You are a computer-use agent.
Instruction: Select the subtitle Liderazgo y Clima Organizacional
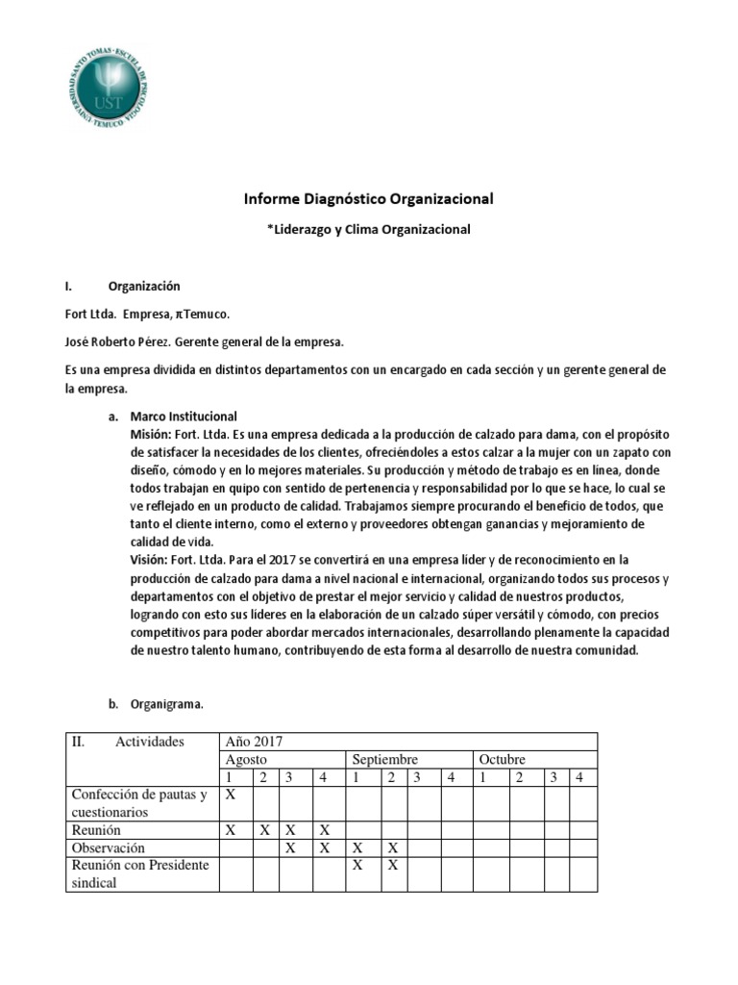click(x=368, y=230)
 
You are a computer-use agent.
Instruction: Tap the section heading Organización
click(x=144, y=286)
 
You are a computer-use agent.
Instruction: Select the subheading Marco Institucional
click(x=184, y=417)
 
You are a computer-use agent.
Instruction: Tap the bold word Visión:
click(x=148, y=559)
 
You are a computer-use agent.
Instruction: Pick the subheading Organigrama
click(x=168, y=704)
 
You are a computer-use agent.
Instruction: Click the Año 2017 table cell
click(x=255, y=742)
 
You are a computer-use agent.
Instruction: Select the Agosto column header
click(x=245, y=759)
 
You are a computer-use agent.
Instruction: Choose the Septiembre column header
click(x=384, y=759)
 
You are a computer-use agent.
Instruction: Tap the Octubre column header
click(x=502, y=759)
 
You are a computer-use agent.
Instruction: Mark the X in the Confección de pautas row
click(x=231, y=795)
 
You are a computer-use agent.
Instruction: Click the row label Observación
click(x=109, y=847)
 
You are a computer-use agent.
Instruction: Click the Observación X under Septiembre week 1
click(x=357, y=847)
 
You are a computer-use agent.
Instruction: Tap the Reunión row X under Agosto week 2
click(x=265, y=829)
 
